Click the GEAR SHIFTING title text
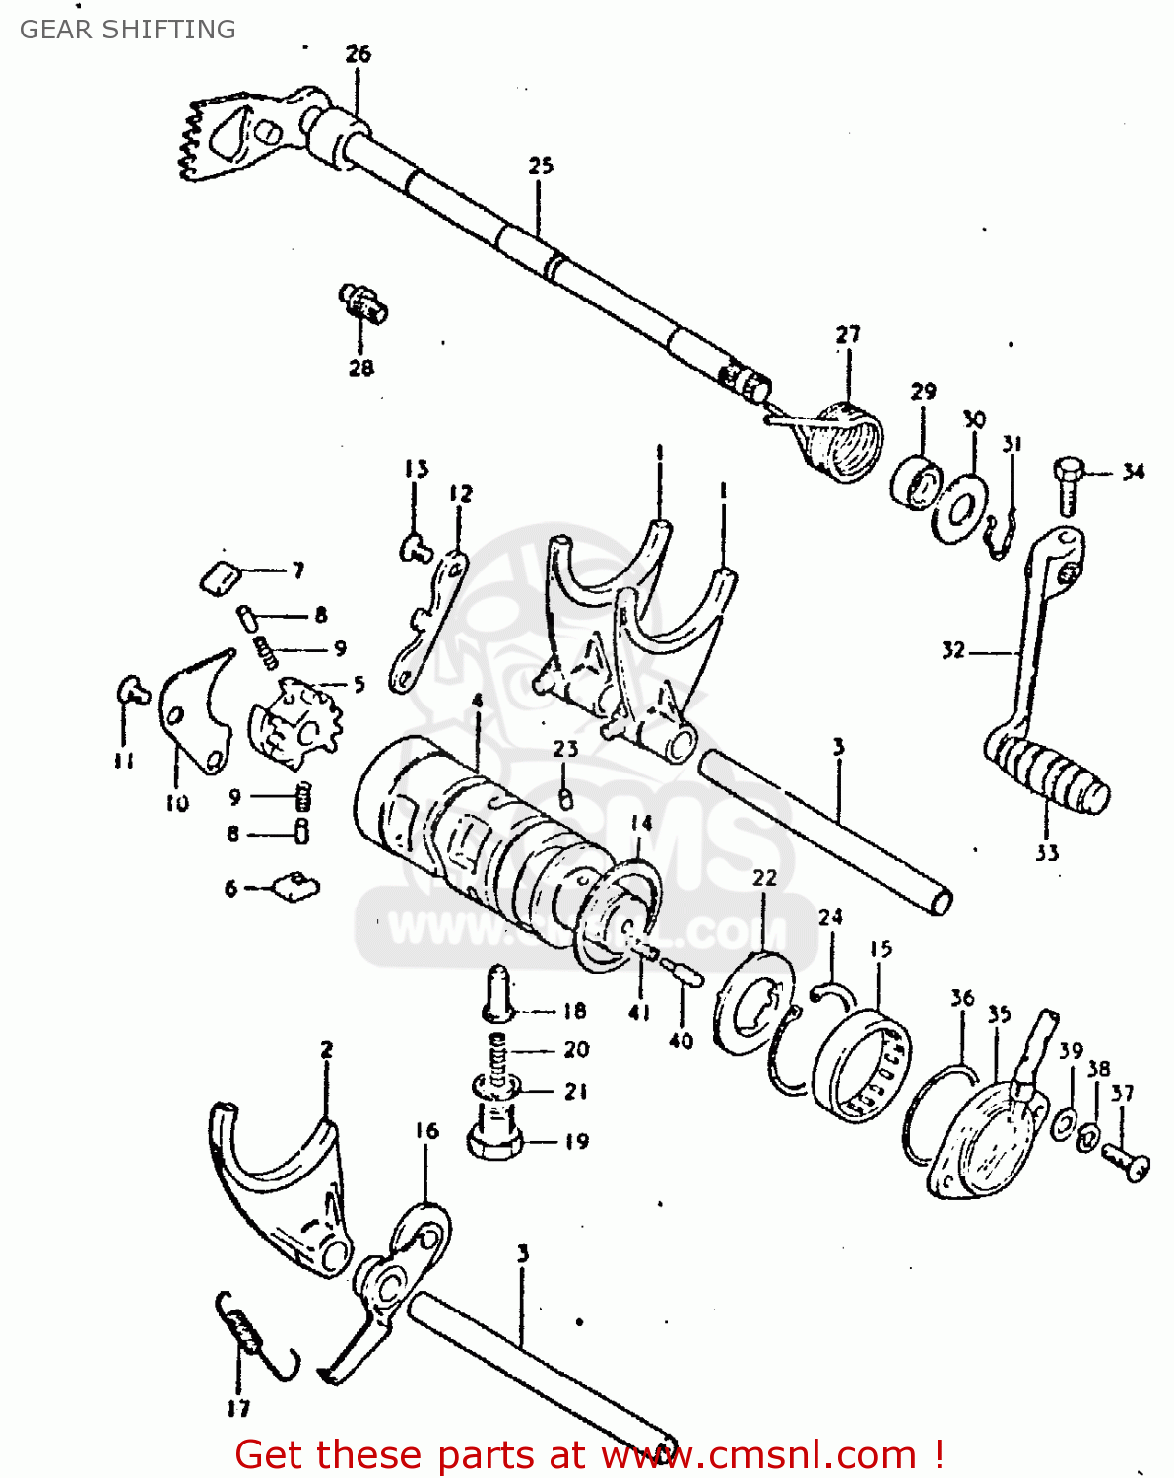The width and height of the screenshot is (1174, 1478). coord(128,30)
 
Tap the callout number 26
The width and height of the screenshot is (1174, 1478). coord(358,54)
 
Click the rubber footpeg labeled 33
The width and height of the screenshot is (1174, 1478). coord(1048,774)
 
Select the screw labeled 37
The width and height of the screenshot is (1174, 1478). coord(1126,1159)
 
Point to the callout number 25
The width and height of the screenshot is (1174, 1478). coord(541,167)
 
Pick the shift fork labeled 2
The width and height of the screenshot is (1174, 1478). coord(281,1182)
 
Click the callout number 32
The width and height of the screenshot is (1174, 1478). coord(952,650)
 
